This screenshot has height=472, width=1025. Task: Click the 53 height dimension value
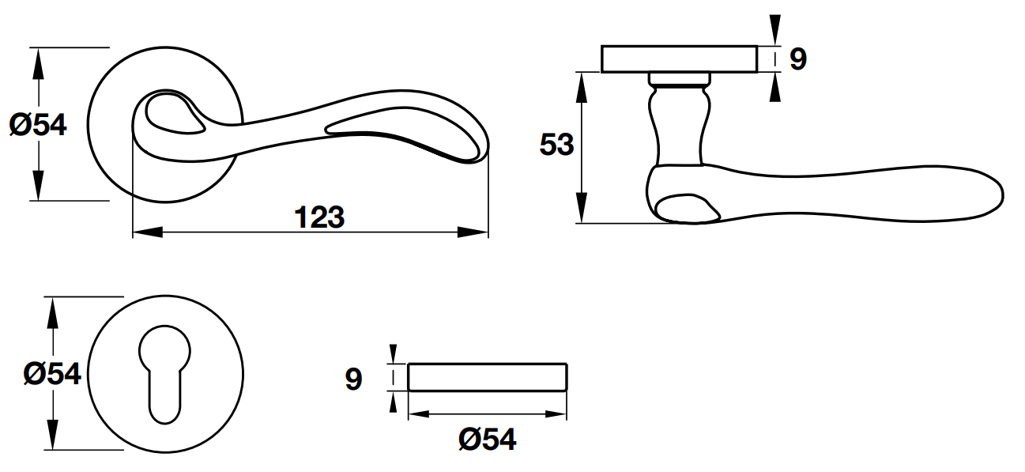[556, 145]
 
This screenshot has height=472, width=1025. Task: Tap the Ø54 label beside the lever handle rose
[38, 125]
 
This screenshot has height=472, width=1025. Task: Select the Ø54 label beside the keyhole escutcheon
[52, 374]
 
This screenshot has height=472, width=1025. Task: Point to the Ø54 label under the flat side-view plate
[488, 440]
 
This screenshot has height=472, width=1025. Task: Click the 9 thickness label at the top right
[798, 59]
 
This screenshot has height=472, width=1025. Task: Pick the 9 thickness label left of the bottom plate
[353, 379]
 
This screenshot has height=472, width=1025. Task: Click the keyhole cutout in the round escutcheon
[164, 374]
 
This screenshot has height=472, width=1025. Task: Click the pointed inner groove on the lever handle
[403, 133]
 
